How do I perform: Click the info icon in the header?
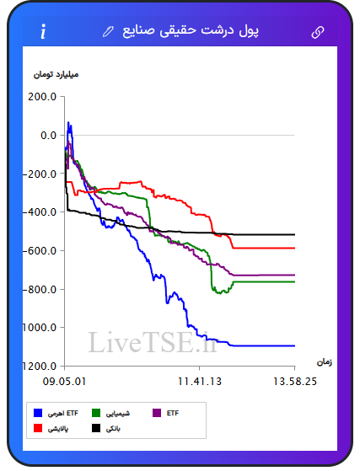coord(43,31)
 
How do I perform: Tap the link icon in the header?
coord(317,32)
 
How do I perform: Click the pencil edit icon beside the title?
coord(108,31)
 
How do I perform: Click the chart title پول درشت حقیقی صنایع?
coord(191,31)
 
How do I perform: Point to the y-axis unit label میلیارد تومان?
coord(56,74)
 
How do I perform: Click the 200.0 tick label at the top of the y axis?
coord(42,97)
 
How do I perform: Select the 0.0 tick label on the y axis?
coord(48,136)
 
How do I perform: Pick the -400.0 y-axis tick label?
coord(40,212)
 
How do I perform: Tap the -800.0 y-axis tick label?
coord(40,290)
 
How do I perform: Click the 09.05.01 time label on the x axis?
coord(64,382)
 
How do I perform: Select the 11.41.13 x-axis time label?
coord(200,382)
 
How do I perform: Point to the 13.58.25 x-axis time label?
coord(295,382)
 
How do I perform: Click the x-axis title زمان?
coord(325,362)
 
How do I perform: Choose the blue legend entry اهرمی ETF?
coord(56,413)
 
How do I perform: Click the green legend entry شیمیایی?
coord(110,413)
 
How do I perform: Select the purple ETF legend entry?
coord(166,413)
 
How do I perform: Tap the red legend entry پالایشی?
coord(51,428)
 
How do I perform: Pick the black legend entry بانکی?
coord(106,428)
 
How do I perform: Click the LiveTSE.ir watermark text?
coord(153,342)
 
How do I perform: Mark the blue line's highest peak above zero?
coord(68,122)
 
